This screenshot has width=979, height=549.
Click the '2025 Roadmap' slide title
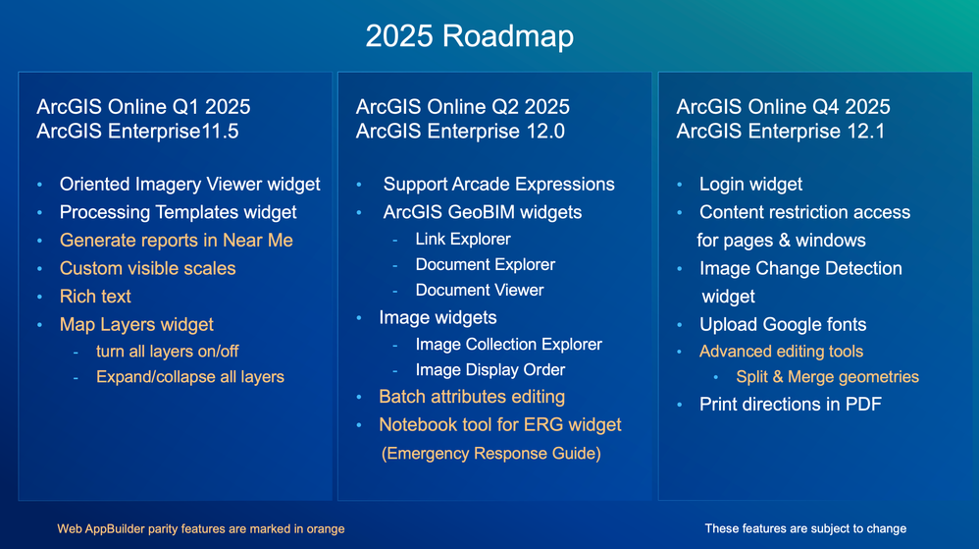470,35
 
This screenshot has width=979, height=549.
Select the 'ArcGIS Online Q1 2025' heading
143,106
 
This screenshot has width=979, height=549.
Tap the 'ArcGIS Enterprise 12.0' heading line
460,132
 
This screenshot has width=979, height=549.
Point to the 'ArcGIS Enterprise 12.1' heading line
781,132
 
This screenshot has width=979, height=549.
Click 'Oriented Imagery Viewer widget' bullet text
189,184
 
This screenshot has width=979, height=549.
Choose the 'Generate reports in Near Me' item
176,240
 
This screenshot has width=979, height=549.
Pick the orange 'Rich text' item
95,297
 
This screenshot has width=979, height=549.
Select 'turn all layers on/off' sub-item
168,352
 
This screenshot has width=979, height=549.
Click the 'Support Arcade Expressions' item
499,184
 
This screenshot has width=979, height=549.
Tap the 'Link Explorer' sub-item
463,239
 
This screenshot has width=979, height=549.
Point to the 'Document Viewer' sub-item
480,290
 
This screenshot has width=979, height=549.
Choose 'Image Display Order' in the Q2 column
490,370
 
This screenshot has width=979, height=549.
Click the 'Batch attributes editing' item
472,397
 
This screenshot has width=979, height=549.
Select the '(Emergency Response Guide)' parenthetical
491,454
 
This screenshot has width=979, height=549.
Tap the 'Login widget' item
750,184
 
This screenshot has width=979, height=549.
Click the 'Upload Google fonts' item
783,324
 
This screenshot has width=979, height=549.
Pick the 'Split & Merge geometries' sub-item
827,377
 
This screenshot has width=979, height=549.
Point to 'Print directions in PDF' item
791,404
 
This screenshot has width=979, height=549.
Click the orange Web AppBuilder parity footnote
201,529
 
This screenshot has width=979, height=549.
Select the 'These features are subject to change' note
805,529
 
